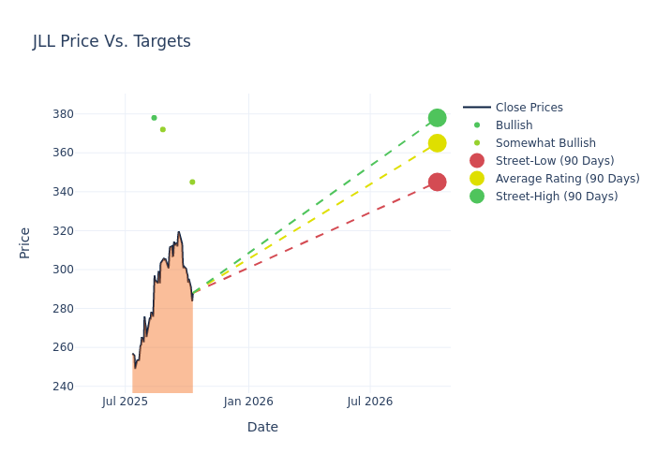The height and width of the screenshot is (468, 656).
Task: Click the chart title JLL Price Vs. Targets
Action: [x=112, y=41]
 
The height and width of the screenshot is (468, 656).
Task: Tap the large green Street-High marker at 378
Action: [x=437, y=118]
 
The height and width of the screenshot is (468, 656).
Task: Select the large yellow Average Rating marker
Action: [x=437, y=143]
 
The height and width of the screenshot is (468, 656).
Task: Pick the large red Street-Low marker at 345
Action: [x=437, y=182]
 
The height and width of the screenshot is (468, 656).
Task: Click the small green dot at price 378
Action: [x=154, y=118]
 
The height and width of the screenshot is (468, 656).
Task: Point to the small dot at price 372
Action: [x=162, y=129]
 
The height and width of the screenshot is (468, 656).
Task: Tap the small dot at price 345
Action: [x=192, y=182]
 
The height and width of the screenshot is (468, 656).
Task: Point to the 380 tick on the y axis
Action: [x=89, y=114]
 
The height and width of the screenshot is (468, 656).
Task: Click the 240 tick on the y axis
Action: [x=89, y=387]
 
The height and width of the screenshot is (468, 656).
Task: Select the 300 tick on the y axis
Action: [x=89, y=270]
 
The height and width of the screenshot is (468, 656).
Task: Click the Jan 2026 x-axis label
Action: [x=248, y=402]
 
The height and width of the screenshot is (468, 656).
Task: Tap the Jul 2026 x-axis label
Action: [x=370, y=402]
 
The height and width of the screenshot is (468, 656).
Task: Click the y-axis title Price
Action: [x=25, y=242]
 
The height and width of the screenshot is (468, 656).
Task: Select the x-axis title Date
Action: [x=262, y=427]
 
